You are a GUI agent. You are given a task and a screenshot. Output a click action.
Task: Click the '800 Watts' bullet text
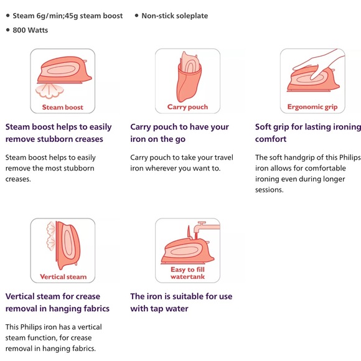pos(30,30)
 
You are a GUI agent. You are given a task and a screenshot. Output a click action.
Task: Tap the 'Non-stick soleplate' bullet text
pos(174,16)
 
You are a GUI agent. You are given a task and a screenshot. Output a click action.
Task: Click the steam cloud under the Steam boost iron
pos(50,91)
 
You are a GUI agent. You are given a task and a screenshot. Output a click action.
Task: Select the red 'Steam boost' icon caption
pos(63,107)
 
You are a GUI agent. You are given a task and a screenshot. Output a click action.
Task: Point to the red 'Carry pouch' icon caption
pos(187,107)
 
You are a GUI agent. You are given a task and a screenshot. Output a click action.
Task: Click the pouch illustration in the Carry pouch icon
pos(189,77)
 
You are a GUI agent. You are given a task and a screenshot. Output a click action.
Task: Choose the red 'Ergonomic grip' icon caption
pos(312,107)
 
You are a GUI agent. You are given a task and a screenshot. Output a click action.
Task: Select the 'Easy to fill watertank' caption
pos(187,273)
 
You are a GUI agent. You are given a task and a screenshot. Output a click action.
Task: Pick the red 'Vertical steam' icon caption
pos(63,277)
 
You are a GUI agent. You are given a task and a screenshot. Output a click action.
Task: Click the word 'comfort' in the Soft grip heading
pos(271,139)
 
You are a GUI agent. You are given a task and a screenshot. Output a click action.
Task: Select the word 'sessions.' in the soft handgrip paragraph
pos(269,190)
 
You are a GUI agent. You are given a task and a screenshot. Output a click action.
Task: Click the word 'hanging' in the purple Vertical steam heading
pos(65,309)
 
